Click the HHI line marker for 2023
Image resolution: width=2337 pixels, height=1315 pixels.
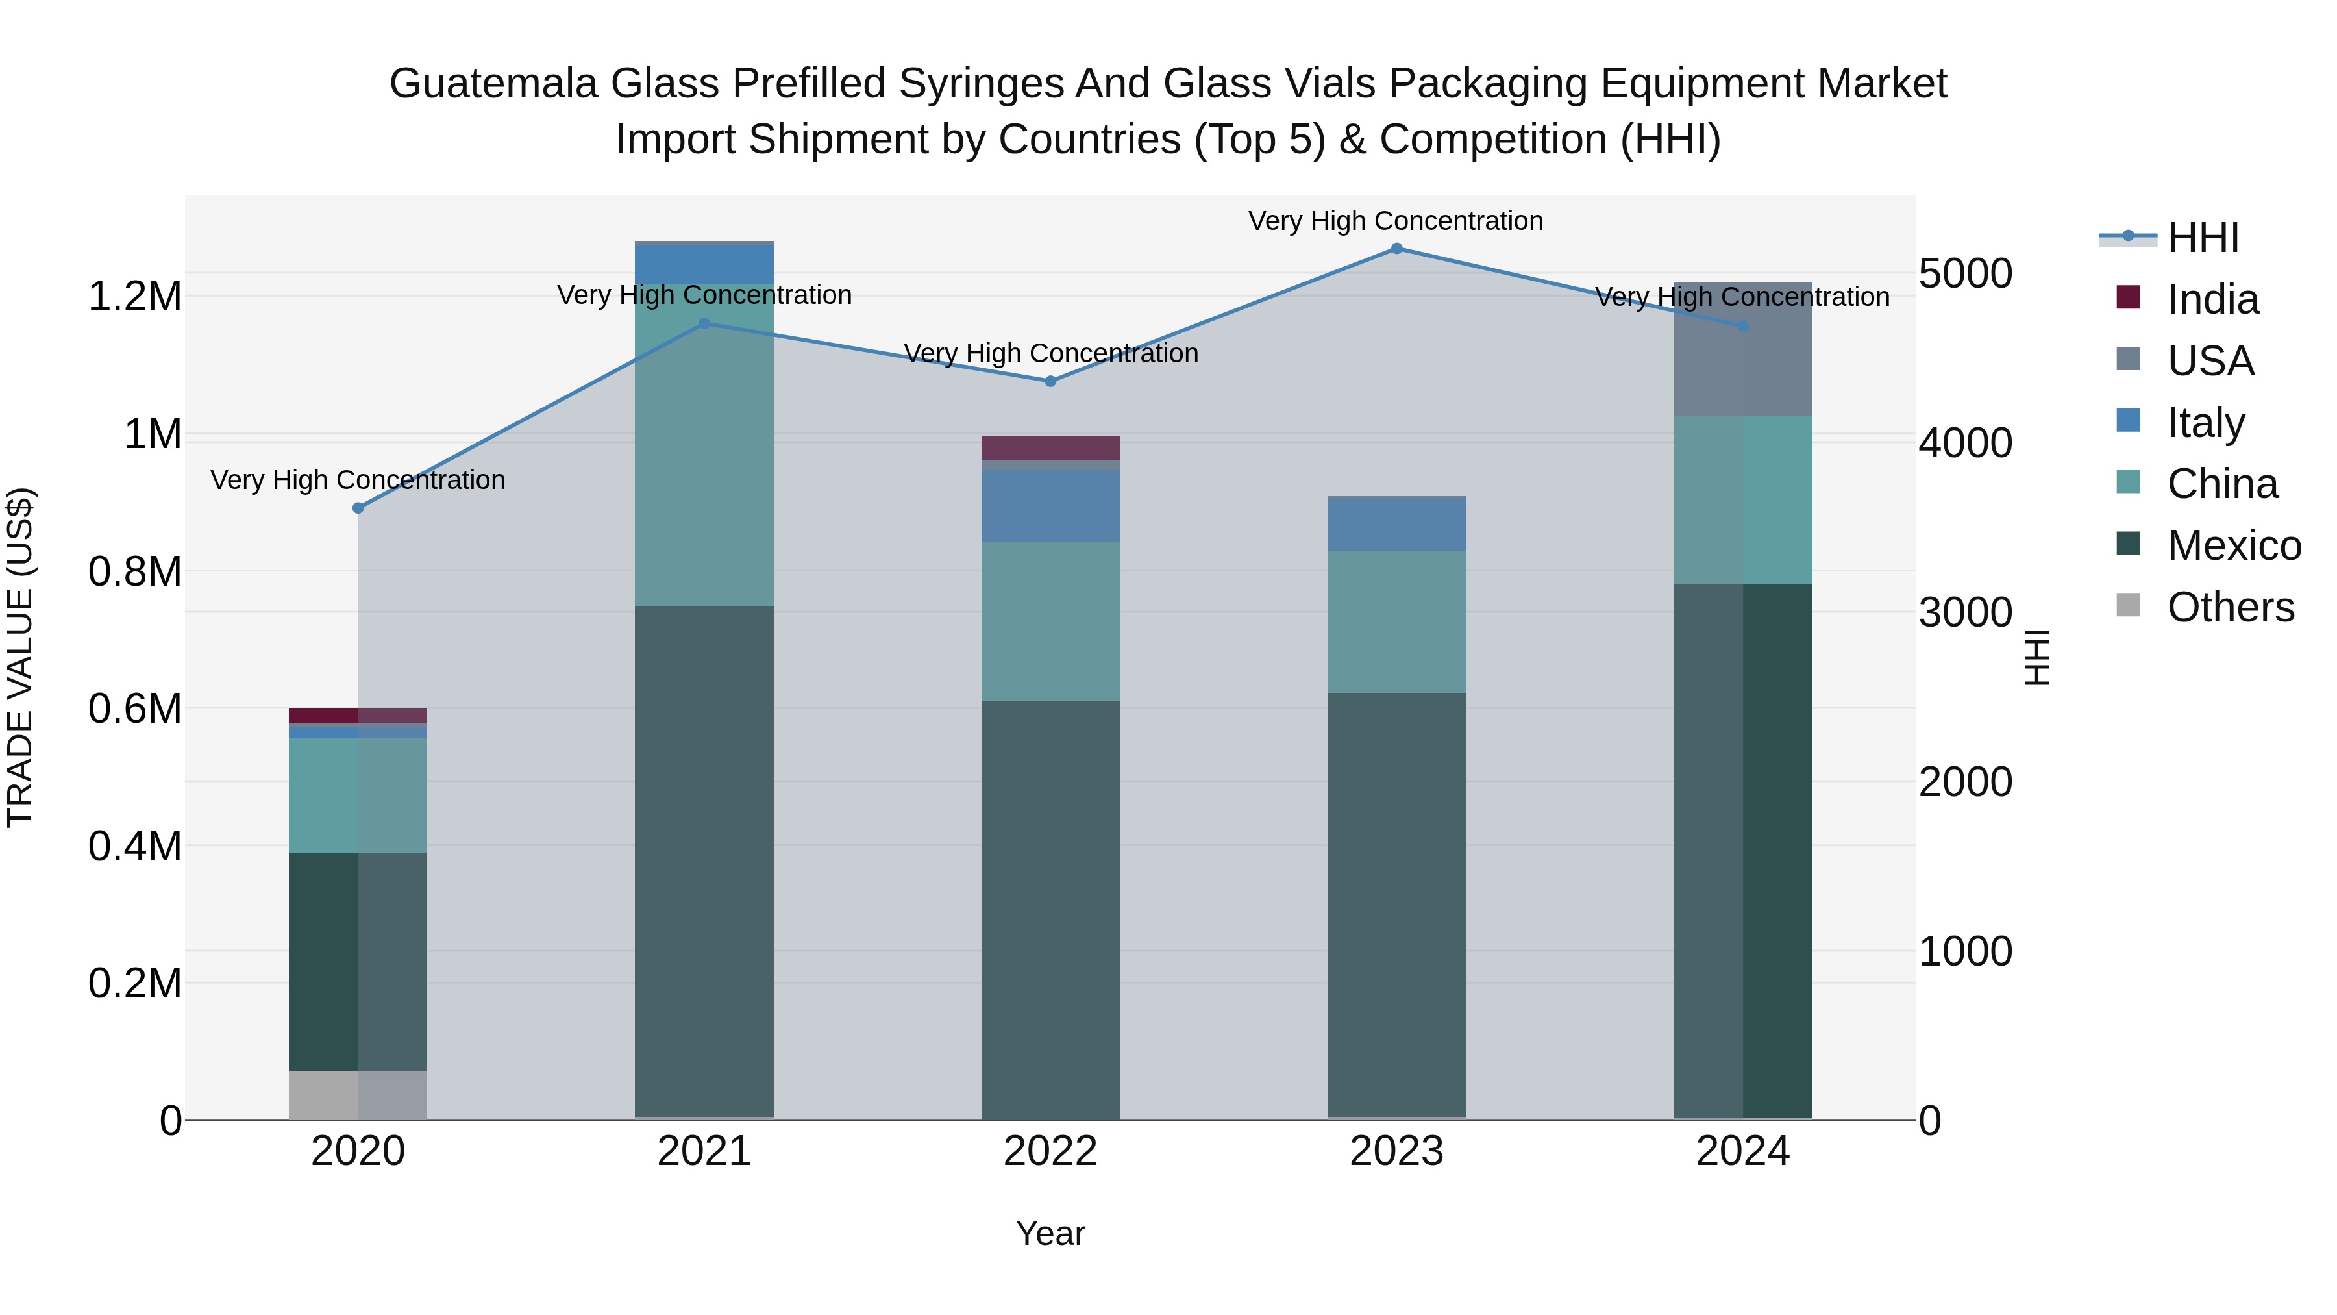(x=1396, y=249)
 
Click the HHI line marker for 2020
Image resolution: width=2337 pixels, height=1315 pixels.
(x=358, y=508)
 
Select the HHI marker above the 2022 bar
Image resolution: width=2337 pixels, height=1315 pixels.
(x=1050, y=382)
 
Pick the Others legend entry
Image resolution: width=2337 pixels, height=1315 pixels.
(x=2229, y=607)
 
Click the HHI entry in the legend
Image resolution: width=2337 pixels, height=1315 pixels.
(x=2202, y=238)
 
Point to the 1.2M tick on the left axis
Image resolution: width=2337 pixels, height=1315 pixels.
(x=134, y=297)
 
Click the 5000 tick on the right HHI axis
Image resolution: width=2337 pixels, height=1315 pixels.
(x=1965, y=274)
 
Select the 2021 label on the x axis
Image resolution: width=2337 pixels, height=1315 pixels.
(x=704, y=1151)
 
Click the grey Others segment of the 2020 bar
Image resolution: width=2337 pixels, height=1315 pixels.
(x=358, y=1096)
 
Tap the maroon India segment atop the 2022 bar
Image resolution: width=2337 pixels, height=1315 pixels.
(x=1050, y=447)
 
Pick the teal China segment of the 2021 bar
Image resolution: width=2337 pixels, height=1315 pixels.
(x=704, y=445)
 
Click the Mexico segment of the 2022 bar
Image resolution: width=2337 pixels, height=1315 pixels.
(x=1050, y=908)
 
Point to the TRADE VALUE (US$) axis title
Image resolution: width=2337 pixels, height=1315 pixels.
(x=20, y=657)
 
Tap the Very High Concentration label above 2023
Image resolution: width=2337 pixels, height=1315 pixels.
(x=1395, y=221)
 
